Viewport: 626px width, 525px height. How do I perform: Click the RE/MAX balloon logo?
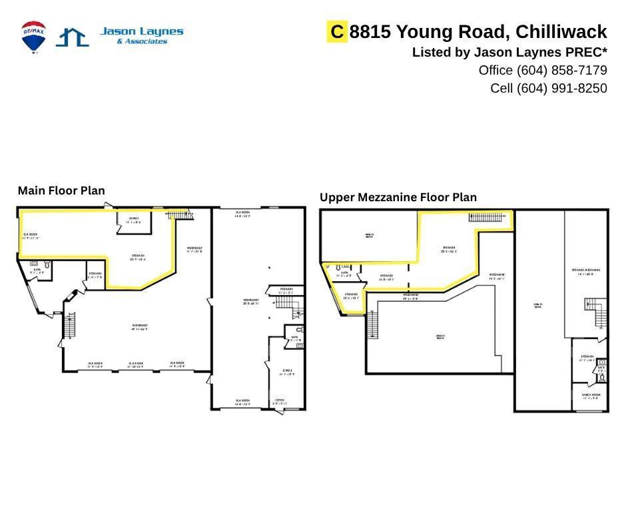[x=33, y=36]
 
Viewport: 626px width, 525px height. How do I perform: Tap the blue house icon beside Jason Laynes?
[x=72, y=37]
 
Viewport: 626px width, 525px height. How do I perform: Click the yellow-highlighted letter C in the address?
[x=338, y=31]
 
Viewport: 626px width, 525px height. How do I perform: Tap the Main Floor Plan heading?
[x=61, y=191]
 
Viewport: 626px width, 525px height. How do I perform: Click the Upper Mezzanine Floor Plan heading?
[x=398, y=197]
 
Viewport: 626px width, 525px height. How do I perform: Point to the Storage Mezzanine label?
[x=586, y=270]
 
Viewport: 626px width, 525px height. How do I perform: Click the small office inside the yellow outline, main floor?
[x=134, y=222]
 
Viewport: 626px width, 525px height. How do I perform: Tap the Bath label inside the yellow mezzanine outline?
[x=344, y=272]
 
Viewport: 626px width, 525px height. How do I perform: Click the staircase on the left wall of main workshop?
[x=69, y=325]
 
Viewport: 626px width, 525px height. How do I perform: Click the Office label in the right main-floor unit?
[x=288, y=372]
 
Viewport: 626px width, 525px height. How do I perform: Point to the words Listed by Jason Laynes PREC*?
[x=509, y=52]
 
